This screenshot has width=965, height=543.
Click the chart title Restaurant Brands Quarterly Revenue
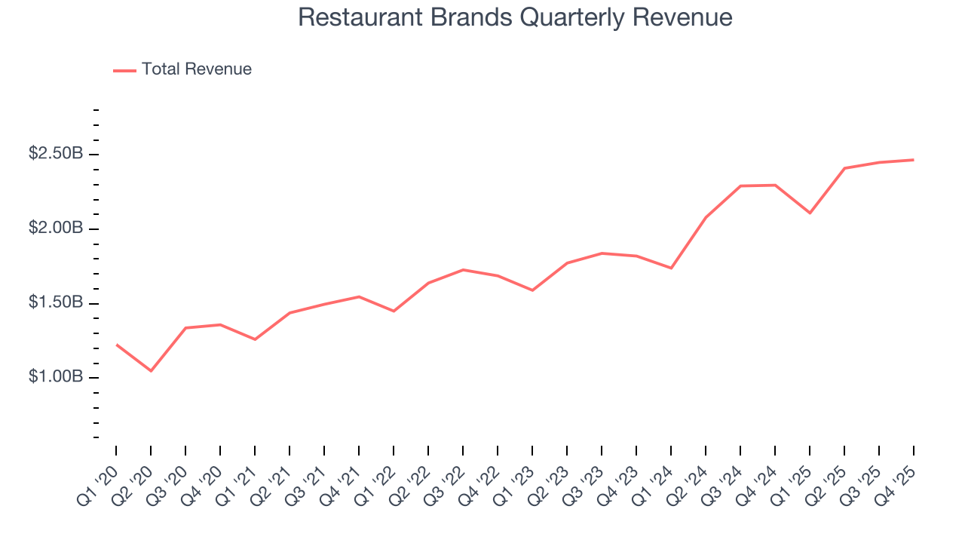(515, 17)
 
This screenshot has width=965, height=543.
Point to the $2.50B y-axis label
(56, 154)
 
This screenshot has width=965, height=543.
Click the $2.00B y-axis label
(56, 228)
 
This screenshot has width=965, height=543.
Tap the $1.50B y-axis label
(56, 302)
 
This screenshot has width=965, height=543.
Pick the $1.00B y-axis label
(56, 376)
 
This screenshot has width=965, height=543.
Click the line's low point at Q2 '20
(151, 371)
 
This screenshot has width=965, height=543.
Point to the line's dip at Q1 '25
(810, 213)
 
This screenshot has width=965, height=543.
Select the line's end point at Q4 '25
(914, 160)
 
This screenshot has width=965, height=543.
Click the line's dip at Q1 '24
(671, 268)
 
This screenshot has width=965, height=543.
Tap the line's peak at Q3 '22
(463, 269)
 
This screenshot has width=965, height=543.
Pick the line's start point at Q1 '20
(116, 345)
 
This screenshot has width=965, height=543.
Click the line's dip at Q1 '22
(394, 311)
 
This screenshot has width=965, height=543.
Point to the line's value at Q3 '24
(740, 186)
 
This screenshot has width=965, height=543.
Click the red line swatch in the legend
(124, 70)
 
